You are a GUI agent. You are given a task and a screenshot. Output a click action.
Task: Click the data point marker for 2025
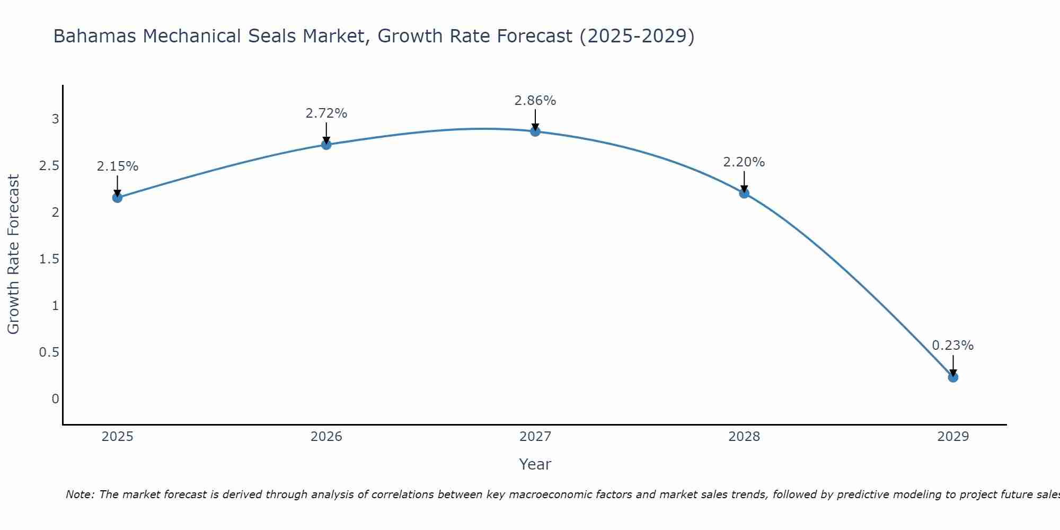(x=117, y=198)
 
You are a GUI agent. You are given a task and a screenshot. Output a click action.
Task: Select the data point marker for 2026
(x=326, y=145)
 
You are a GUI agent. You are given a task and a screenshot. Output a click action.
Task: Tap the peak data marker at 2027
(x=535, y=131)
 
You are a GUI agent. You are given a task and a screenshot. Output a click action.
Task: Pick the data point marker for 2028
(x=744, y=193)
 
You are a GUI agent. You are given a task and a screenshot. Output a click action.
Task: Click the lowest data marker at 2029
(x=953, y=377)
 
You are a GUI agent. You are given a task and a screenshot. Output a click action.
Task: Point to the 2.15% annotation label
(x=117, y=166)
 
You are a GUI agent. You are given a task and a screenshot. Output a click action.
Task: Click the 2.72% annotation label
(x=326, y=113)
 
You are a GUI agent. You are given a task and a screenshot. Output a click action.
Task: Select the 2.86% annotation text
(x=535, y=101)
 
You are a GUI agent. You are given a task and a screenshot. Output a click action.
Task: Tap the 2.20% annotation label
(x=744, y=162)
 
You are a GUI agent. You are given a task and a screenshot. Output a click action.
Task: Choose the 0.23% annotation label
(x=953, y=346)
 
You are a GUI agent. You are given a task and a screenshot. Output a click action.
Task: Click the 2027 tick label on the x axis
(x=535, y=437)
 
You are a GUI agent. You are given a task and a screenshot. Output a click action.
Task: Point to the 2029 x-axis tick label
(x=953, y=437)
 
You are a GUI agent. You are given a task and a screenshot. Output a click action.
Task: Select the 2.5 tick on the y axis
(x=49, y=166)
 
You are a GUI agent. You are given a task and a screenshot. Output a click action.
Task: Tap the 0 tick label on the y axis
(x=55, y=399)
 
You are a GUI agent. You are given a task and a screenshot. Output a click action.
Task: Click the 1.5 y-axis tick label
(x=49, y=259)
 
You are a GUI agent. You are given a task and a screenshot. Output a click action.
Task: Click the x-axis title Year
(x=535, y=464)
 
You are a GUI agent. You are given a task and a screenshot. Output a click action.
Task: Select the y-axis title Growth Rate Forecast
(x=13, y=254)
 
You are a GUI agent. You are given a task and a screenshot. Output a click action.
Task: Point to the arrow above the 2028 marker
(x=744, y=181)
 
